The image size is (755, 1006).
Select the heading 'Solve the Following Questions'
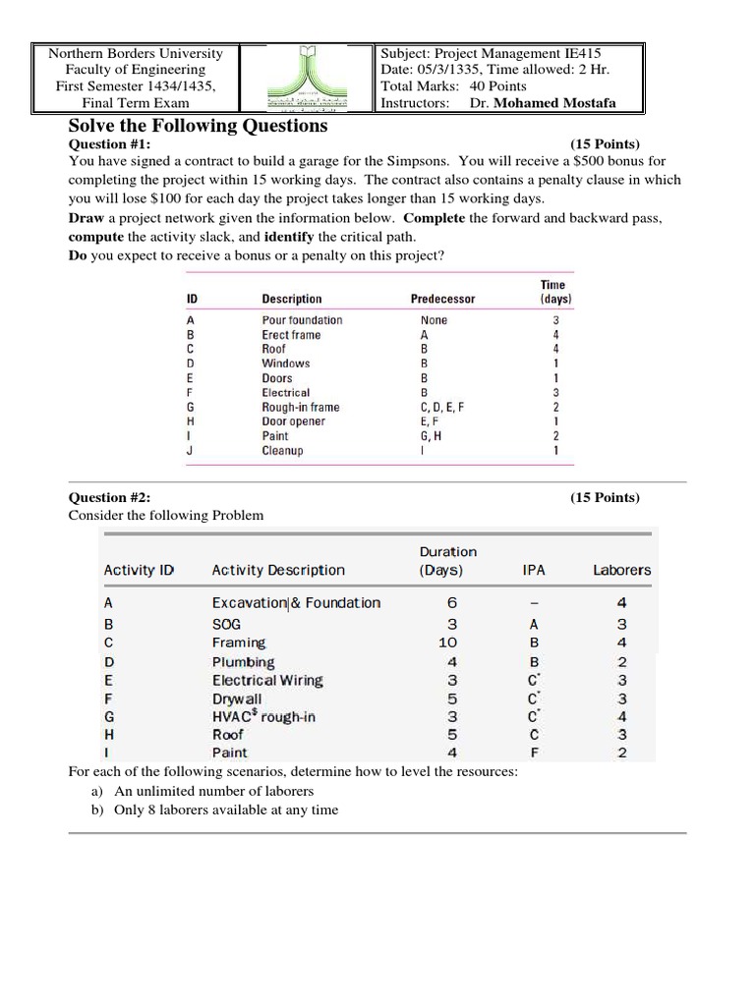[x=198, y=126]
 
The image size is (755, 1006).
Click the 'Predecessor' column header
[x=442, y=299]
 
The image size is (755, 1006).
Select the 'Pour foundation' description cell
[x=302, y=320]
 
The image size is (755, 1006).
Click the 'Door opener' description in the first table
[x=293, y=421]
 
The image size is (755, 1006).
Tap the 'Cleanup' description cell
[x=282, y=451]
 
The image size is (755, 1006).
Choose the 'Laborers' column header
[x=621, y=570]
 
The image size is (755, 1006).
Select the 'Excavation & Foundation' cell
[x=296, y=603]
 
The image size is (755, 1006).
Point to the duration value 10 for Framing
[x=448, y=643]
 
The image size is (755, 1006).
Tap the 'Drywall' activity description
[x=237, y=699]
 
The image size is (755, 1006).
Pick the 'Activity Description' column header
[x=278, y=570]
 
